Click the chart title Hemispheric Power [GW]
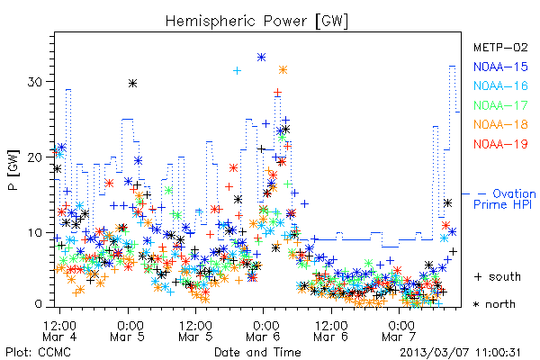coord(256,22)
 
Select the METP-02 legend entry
coord(500,47)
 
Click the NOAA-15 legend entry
coord(500,67)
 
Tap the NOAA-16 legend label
coord(500,85)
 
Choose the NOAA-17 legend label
coord(500,105)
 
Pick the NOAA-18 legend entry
coord(500,124)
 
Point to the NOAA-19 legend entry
coord(500,144)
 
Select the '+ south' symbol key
coord(498,276)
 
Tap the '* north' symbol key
coord(494,304)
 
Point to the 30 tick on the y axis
coord(35,82)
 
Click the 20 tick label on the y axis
coord(35,157)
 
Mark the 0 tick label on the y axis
coord(39,304)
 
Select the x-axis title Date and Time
coord(257,352)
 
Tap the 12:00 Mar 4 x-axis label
coord(59,330)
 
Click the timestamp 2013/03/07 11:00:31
coord(460,353)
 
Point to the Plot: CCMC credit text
coord(38,353)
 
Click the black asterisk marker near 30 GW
coord(133,83)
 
